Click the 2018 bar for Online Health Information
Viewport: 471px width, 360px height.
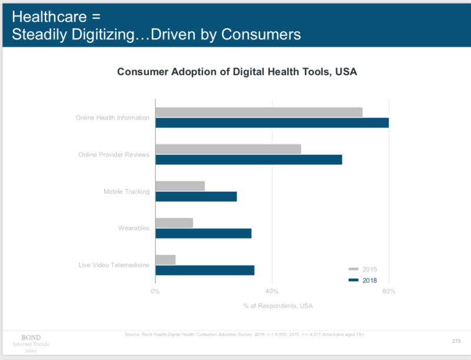point(272,123)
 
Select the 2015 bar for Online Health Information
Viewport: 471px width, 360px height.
point(258,112)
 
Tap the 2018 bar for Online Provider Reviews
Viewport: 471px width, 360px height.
point(248,159)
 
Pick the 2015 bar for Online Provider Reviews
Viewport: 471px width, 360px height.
point(228,149)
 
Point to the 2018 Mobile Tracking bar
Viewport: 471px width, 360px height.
point(196,196)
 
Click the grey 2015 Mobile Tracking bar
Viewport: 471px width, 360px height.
point(180,186)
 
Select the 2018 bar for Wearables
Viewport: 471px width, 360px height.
point(203,233)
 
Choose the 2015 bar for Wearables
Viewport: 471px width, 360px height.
point(174,223)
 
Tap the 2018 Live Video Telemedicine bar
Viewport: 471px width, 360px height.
point(205,270)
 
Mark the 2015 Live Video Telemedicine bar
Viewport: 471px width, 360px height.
point(165,259)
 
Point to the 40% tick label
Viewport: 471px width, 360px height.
point(271,291)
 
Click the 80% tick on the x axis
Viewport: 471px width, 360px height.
point(389,291)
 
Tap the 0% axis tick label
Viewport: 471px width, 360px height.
point(155,291)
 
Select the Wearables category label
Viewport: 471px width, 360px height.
point(133,228)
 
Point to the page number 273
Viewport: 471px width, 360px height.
point(456,341)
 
